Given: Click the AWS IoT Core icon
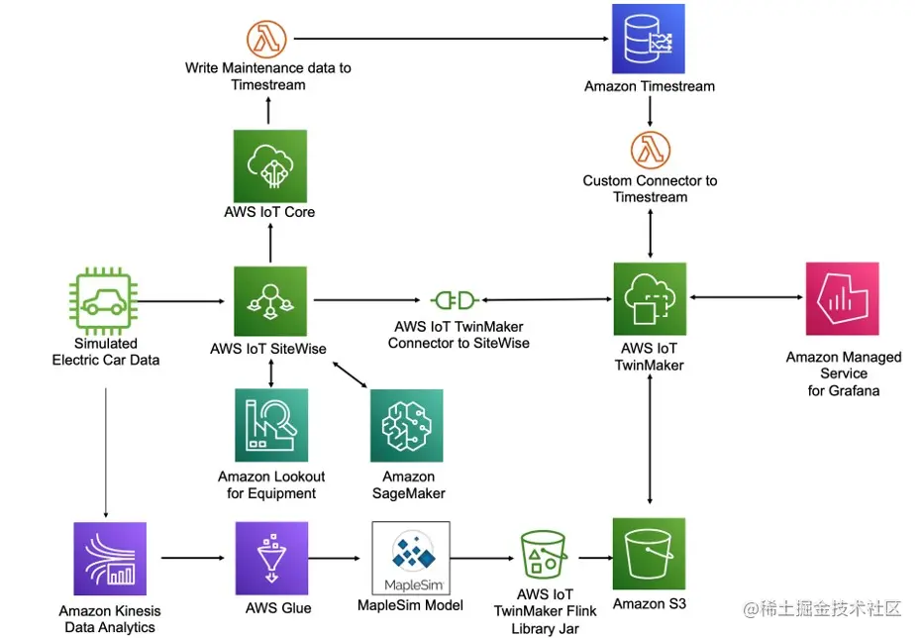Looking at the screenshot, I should [x=269, y=166].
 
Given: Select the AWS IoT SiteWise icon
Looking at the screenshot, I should [x=269, y=301].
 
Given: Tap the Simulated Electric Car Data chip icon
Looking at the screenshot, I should [x=106, y=299].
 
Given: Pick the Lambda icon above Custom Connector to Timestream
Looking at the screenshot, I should [x=650, y=151].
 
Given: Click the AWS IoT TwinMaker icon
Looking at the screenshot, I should [x=650, y=298].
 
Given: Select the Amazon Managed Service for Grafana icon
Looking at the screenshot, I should [x=843, y=299].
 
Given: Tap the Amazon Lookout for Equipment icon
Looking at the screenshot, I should [x=271, y=425].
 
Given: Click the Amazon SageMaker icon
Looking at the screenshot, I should [x=406, y=425].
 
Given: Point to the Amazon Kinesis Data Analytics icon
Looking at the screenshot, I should [x=110, y=559].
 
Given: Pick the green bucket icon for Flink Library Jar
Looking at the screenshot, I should [x=544, y=558].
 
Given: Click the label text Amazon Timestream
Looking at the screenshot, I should [x=650, y=86].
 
